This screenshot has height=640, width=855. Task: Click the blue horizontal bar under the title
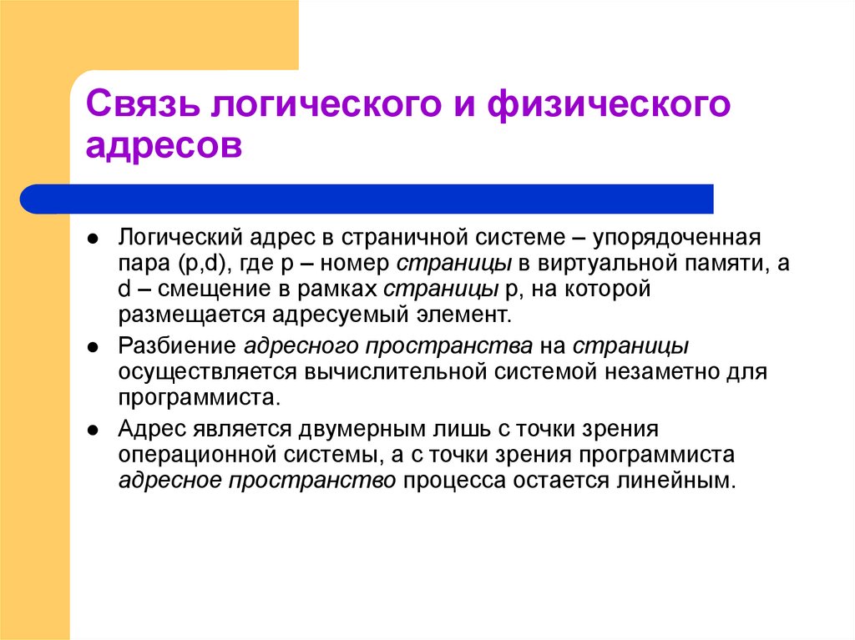[x=367, y=199]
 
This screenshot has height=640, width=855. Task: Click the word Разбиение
[x=176, y=345]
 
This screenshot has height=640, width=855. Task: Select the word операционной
[x=197, y=456]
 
